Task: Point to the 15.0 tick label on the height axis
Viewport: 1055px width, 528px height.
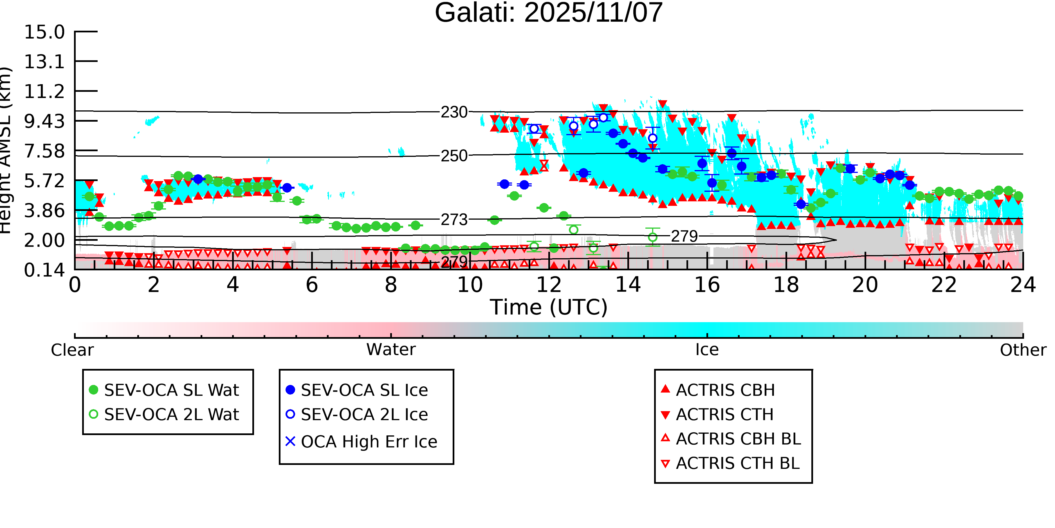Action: click(x=44, y=32)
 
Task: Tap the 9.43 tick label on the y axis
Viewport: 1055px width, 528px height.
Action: click(x=44, y=121)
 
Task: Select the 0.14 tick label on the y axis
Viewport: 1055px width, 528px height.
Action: click(x=44, y=270)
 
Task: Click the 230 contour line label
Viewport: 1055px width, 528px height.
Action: click(x=454, y=112)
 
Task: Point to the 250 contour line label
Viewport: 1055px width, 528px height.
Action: click(x=454, y=156)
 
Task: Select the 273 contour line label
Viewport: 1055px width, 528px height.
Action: click(x=454, y=220)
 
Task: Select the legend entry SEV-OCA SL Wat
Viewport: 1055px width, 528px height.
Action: click(x=171, y=390)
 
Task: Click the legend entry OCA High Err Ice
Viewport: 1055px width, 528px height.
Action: click(x=369, y=442)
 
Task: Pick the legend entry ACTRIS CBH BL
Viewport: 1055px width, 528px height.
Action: click(x=738, y=439)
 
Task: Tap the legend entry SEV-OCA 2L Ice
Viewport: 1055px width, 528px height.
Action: click(x=364, y=415)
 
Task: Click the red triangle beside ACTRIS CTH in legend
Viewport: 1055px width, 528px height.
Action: click(x=666, y=415)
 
